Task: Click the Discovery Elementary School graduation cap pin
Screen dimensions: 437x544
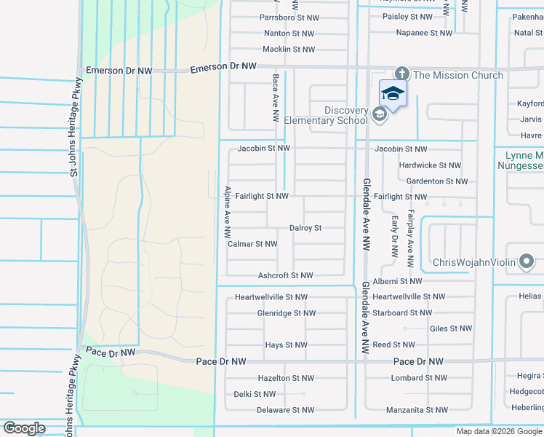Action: coord(393,95)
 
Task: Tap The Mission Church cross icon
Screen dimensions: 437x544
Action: coord(401,74)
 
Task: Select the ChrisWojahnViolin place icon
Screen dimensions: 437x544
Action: coord(527,262)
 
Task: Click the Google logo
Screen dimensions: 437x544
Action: coord(25,428)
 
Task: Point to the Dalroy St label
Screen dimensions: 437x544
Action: coord(305,228)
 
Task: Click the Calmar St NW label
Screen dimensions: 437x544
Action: coord(252,244)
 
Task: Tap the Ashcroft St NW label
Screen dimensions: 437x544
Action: coord(285,275)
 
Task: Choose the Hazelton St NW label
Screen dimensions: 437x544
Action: coord(286,378)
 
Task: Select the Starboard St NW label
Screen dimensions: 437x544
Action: coord(401,313)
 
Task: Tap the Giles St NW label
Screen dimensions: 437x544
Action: coord(450,328)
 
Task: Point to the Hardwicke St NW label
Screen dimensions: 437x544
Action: coord(430,165)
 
